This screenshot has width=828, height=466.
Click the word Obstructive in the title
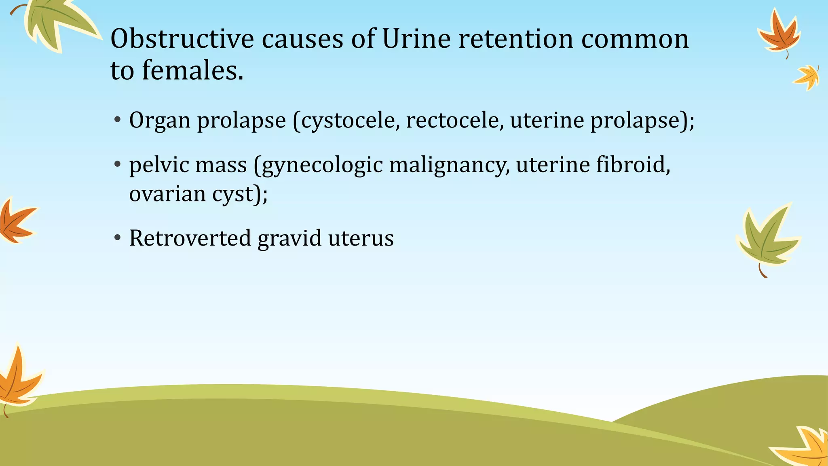pyautogui.click(x=182, y=39)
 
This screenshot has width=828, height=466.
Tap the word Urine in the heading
pyautogui.click(x=416, y=39)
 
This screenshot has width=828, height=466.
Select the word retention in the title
pyautogui.click(x=515, y=39)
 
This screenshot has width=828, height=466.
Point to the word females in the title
pyautogui.click(x=192, y=70)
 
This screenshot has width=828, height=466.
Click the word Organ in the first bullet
pyautogui.click(x=160, y=121)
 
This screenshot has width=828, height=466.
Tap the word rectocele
pyautogui.click(x=454, y=120)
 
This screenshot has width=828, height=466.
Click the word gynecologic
pyautogui.click(x=323, y=165)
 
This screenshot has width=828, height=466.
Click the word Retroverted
pyautogui.click(x=190, y=238)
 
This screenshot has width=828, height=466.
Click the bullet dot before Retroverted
pyautogui.click(x=118, y=238)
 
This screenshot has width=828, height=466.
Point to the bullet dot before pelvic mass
pyautogui.click(x=118, y=164)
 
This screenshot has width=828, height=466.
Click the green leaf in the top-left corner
pyautogui.click(x=57, y=22)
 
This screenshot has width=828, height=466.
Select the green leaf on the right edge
pyautogui.click(x=766, y=239)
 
